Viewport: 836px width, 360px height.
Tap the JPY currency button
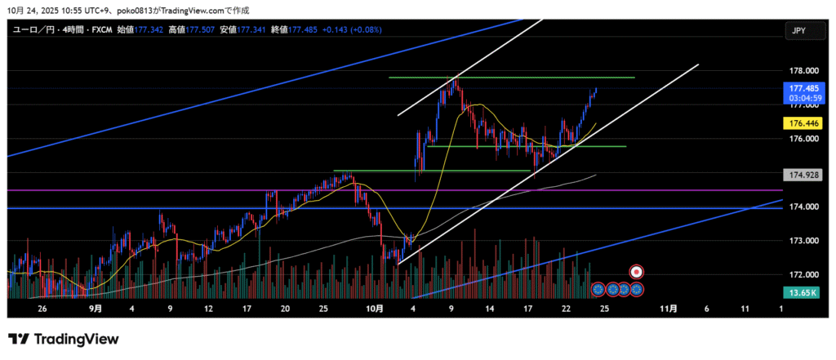[x=798, y=30]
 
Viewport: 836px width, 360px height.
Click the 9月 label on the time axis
[x=96, y=309]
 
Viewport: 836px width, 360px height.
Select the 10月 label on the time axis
[x=375, y=309]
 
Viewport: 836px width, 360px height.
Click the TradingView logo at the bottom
[x=63, y=339]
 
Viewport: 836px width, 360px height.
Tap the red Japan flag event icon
[x=638, y=271]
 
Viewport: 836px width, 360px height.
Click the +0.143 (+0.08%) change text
[x=352, y=29]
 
